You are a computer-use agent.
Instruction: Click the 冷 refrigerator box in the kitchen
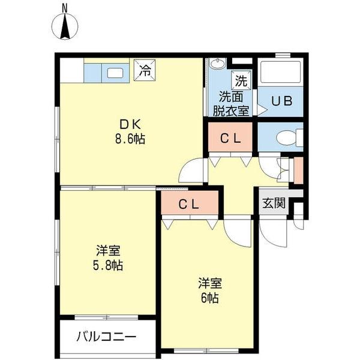(144, 69)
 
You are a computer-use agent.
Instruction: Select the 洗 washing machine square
(241, 80)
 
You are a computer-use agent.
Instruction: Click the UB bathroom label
(281, 101)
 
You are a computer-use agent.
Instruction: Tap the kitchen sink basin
(115, 73)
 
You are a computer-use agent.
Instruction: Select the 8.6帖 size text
(130, 139)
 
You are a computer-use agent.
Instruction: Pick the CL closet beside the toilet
(230, 139)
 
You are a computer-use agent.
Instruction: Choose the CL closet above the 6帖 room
(188, 203)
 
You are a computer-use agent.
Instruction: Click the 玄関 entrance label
(273, 203)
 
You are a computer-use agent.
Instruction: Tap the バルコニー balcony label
(106, 337)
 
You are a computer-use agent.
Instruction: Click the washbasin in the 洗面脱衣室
(217, 65)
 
